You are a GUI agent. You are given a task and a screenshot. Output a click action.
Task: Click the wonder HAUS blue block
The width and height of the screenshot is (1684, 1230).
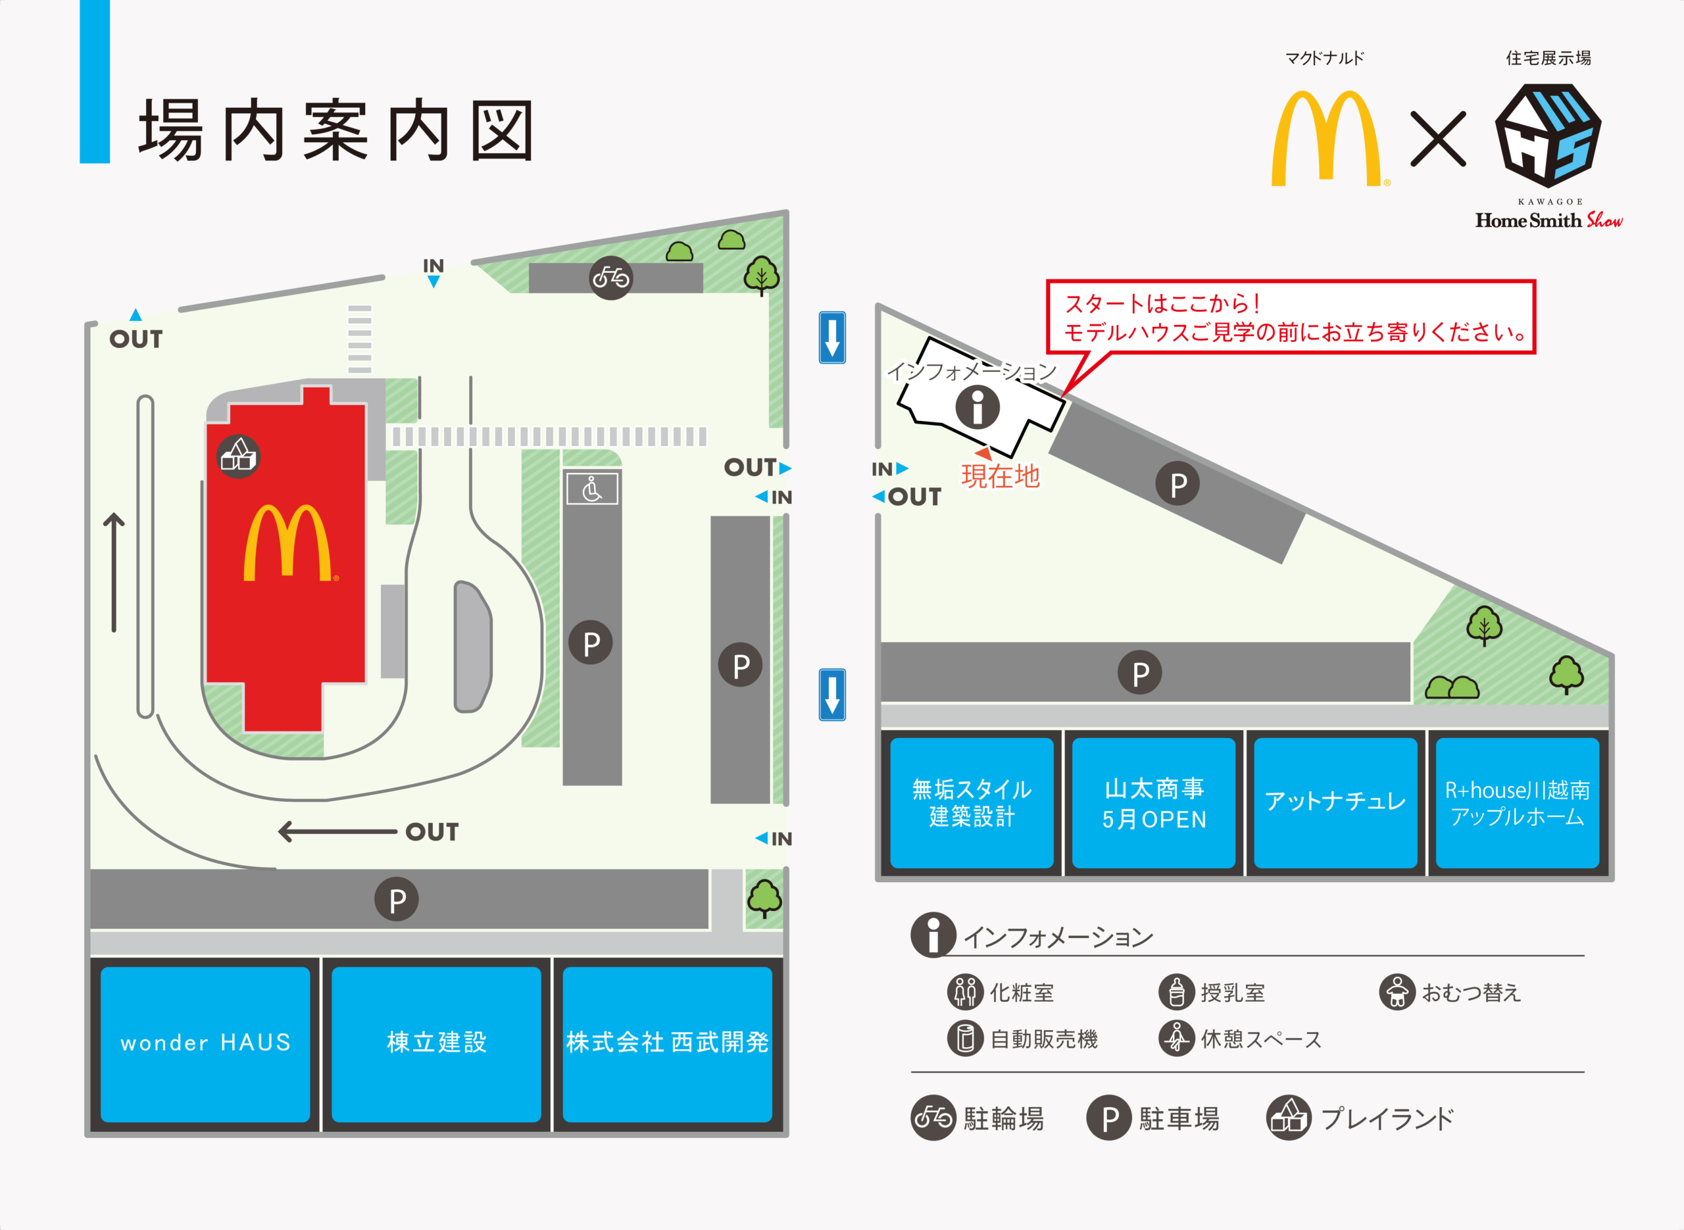205,1044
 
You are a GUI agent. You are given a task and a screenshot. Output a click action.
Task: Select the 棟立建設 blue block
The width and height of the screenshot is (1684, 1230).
436,1044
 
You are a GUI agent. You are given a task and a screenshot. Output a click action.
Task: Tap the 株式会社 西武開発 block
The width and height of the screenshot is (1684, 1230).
667,1044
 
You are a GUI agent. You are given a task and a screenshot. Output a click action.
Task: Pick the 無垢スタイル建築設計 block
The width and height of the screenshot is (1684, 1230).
972,802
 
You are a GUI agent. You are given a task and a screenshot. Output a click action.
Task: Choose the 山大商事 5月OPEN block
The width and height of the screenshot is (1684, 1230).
1154,802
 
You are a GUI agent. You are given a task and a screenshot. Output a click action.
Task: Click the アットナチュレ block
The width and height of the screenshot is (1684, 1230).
1335,802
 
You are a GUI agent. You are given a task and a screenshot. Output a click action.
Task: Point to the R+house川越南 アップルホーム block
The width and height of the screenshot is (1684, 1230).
1517,802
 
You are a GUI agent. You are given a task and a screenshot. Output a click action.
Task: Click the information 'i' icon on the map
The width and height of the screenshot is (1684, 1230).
978,407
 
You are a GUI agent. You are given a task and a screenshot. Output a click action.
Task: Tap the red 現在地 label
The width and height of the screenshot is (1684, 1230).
1000,476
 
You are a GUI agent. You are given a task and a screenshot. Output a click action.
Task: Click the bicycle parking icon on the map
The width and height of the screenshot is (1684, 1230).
611,278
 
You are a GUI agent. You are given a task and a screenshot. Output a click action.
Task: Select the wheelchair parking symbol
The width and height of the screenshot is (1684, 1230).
592,489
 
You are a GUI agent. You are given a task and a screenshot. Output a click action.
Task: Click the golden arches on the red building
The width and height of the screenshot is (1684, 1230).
288,543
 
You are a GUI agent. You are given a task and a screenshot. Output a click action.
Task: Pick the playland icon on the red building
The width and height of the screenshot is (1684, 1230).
238,456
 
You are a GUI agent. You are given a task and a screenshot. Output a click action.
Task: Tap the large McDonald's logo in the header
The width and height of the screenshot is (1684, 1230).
1326,139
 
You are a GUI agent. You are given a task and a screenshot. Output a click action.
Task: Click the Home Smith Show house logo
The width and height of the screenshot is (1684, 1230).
1548,135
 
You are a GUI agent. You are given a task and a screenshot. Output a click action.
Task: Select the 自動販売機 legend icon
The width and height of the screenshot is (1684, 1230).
966,1038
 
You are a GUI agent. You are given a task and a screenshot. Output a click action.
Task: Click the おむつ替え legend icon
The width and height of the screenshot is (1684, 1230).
1397,992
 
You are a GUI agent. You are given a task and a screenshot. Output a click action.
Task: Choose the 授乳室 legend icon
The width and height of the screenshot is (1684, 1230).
1177,992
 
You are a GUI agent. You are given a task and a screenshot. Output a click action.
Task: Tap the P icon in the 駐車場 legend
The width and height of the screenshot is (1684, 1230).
1109,1118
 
